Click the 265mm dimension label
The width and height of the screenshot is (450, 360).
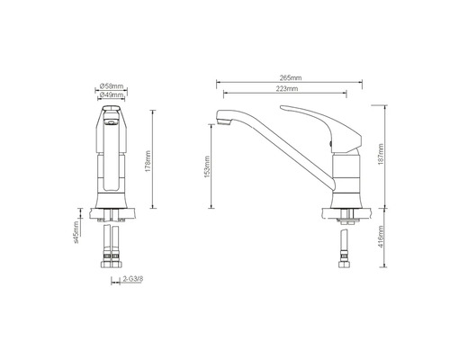click(289, 79)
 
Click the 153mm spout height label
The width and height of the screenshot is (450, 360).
click(207, 166)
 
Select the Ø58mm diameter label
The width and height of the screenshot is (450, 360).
click(112, 86)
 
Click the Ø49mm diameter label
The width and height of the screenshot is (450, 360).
click(112, 95)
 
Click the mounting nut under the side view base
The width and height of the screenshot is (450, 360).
click(345, 220)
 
